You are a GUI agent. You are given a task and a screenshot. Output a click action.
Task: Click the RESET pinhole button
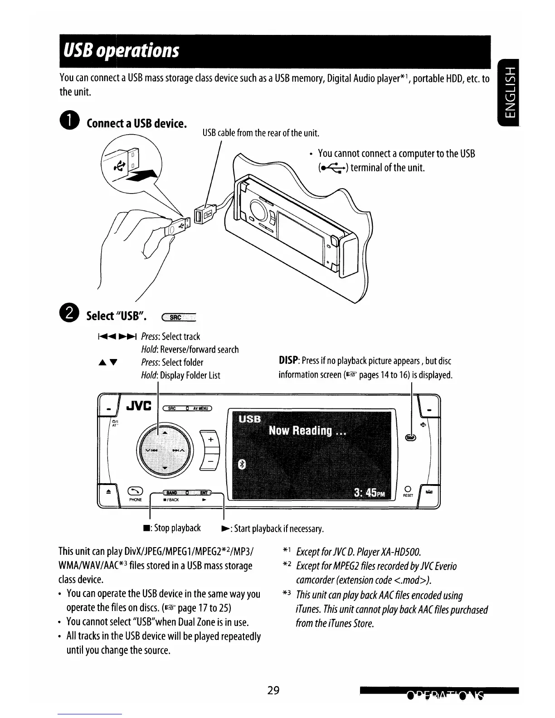[407, 489]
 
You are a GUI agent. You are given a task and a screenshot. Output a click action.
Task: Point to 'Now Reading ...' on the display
[307, 431]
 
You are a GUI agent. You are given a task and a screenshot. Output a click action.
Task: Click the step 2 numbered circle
[69, 315]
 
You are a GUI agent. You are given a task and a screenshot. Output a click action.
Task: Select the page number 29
[273, 691]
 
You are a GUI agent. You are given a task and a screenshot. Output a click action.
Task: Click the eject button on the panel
[107, 491]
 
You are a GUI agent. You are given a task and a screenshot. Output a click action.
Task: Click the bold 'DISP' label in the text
[287, 361]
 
